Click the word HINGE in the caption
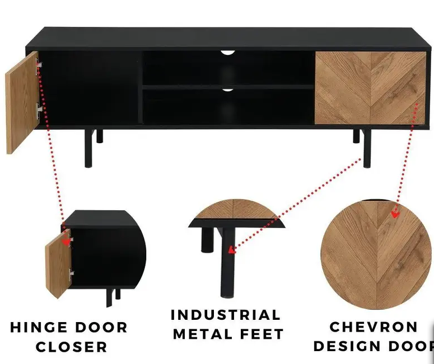pyautogui.click(x=39, y=327)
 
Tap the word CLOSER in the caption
pyautogui.click(x=72, y=347)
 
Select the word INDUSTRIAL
pyautogui.click(x=226, y=315)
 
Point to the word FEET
pyautogui.click(x=262, y=334)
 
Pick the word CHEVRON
pyautogui.click(x=374, y=327)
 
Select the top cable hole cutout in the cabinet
pyautogui.click(x=228, y=53)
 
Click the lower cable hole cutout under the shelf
pyautogui.click(x=227, y=90)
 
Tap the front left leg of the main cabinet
pyautogui.click(x=89, y=148)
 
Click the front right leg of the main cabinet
pyautogui.click(x=367, y=148)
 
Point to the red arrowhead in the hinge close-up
pyautogui.click(x=66, y=242)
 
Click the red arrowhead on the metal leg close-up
pyautogui.click(x=232, y=250)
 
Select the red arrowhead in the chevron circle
pyautogui.click(x=395, y=214)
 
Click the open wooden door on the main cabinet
pyautogui.click(x=22, y=103)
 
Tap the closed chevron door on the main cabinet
pyautogui.click(x=370, y=88)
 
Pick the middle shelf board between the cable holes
pyautogui.click(x=228, y=87)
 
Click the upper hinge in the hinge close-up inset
pyautogui.click(x=71, y=239)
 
